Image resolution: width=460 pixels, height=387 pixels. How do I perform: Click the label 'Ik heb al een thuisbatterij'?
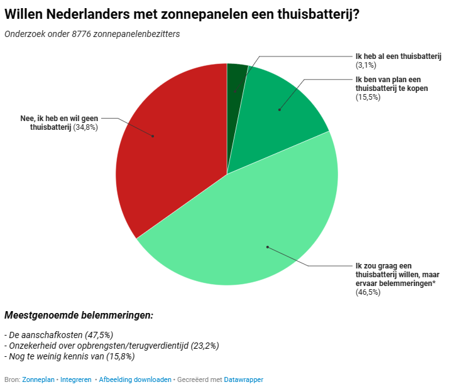click(398, 56)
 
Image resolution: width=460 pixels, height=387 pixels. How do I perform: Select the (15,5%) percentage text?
click(368, 97)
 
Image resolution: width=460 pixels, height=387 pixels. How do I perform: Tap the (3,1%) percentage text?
click(365, 65)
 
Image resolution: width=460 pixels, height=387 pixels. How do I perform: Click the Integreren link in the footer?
click(75, 379)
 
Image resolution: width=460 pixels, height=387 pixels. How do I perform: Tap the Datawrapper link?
click(243, 379)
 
